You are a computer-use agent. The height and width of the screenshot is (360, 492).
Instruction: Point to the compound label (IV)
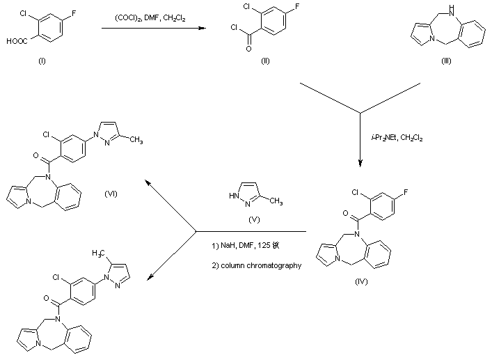pyautogui.click(x=360, y=282)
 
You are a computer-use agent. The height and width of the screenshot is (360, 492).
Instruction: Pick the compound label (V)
pyautogui.click(x=253, y=219)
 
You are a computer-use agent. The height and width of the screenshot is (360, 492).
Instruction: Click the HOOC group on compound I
pyautogui.click(x=15, y=40)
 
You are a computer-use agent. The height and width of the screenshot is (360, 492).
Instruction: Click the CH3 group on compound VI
pyautogui.click(x=136, y=141)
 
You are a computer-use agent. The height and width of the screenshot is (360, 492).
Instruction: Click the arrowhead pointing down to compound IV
pyautogui.click(x=360, y=164)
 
